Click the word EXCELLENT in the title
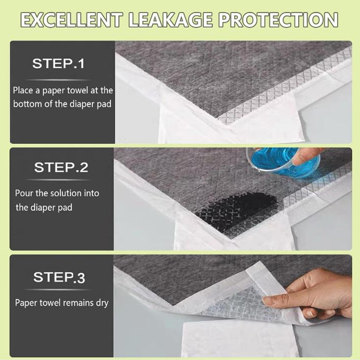coord(72,20)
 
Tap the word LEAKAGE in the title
coord(170,20)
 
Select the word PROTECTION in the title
coord(278,20)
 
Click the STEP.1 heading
coord(58,63)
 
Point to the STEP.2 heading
coord(61,167)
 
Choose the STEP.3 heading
coord(59,277)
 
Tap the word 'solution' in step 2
coord(65,193)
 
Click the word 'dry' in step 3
coord(102,303)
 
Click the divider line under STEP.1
coord(59,80)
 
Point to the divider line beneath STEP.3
coord(58,290)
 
